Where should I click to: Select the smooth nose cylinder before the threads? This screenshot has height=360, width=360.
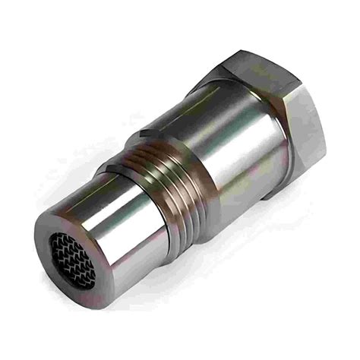(x=122, y=228)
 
